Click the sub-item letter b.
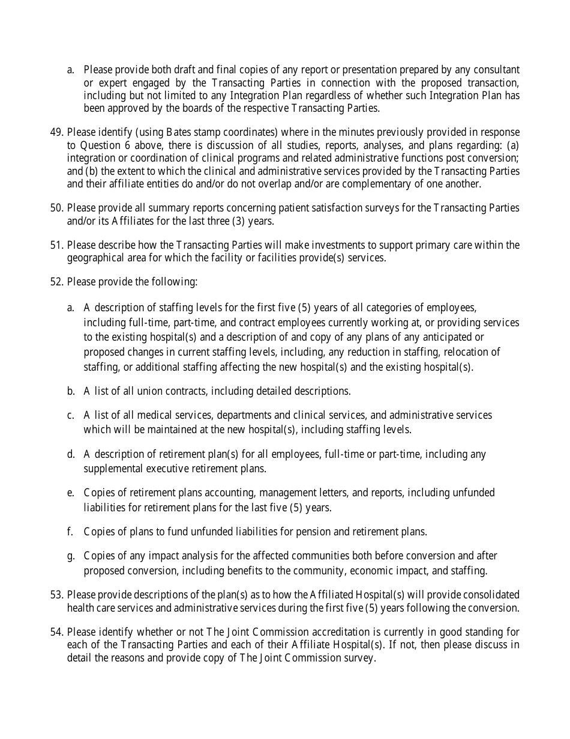tap(71, 391)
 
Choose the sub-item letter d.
tap(71, 454)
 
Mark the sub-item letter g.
tap(71, 556)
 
